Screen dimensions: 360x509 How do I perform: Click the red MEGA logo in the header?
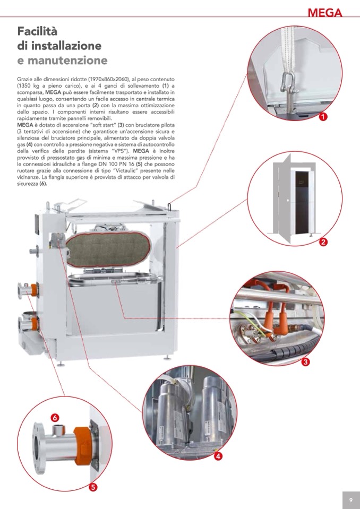coord(325,12)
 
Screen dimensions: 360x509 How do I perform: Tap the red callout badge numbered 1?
coord(323,116)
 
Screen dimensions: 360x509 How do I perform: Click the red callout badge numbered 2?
coord(323,241)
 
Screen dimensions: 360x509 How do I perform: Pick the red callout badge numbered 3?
coord(305,361)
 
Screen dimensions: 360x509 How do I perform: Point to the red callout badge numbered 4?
coord(218,456)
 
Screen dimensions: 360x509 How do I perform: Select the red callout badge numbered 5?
coord(93,487)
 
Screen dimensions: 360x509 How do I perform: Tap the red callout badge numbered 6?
coord(55,417)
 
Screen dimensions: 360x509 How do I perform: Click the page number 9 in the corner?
coord(351,500)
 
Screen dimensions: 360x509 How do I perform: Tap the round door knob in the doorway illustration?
coord(288,200)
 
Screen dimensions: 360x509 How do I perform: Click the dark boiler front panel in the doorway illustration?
coord(302,202)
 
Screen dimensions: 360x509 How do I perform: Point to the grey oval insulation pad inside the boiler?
coord(108,249)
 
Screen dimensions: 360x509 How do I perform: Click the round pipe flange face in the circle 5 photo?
coord(39,447)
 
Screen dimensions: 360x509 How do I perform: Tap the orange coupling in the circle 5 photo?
coord(82,445)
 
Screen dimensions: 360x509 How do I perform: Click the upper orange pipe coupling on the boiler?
coord(34,290)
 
